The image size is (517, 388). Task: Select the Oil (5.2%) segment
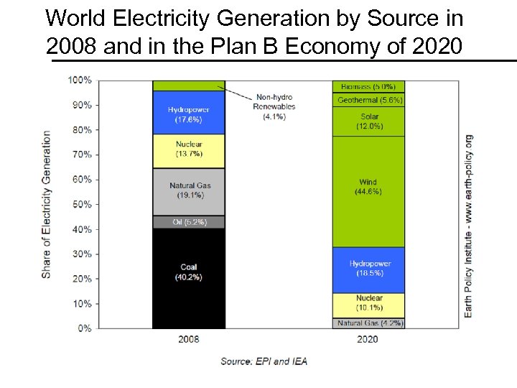coord(188,222)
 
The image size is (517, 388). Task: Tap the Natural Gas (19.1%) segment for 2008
coord(188,191)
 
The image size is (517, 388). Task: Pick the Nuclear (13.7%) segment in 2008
coord(188,149)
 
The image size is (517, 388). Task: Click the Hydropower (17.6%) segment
coord(188,114)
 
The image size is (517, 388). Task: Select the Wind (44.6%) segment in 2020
coord(368,188)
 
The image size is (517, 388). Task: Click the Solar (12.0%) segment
coord(368,121)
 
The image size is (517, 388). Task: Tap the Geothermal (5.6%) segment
coord(368,100)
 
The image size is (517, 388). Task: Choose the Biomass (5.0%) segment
coord(368,86)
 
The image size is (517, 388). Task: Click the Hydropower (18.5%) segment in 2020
coord(368,269)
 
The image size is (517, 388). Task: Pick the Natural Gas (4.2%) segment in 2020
coord(368,323)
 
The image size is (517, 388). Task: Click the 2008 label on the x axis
coord(188,339)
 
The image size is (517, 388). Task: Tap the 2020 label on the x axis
coord(368,339)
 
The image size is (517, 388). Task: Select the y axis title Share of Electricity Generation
coord(47,204)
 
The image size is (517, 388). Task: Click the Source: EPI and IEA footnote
coord(264,361)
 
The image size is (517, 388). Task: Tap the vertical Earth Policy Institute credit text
coord(468,226)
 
